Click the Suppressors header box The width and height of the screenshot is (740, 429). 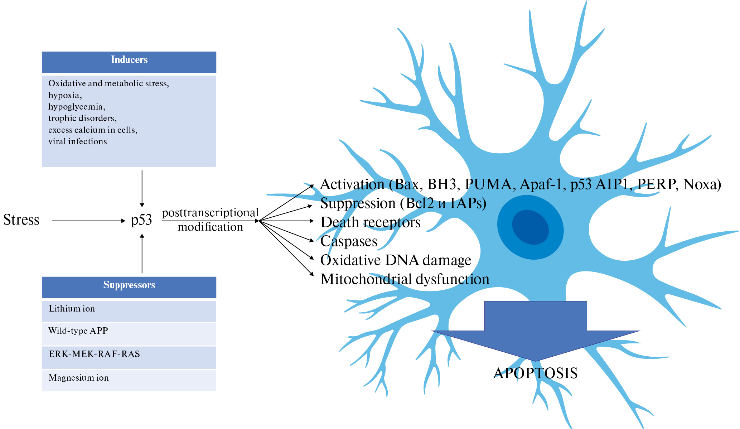pyautogui.click(x=129, y=287)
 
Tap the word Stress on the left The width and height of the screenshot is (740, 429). pyautogui.click(x=21, y=220)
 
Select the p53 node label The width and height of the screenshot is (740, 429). pyautogui.click(x=141, y=220)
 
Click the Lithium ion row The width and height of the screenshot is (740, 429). pyautogui.click(x=129, y=310)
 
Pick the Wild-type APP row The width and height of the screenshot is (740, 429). pyautogui.click(x=129, y=333)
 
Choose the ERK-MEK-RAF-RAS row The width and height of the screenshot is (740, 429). pyautogui.click(x=129, y=356)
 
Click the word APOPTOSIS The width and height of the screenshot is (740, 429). pyautogui.click(x=535, y=373)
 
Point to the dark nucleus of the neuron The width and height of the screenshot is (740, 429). pyautogui.click(x=530, y=227)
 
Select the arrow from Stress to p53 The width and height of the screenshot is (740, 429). pyautogui.click(x=88, y=221)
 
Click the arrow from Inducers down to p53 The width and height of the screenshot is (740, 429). pyautogui.click(x=142, y=188)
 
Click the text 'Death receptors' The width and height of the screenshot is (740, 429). pyautogui.click(x=371, y=222)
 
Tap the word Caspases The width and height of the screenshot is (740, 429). pyautogui.click(x=349, y=241)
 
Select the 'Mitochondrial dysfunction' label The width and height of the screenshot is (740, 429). pyautogui.click(x=405, y=279)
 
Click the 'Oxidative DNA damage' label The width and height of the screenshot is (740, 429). pyautogui.click(x=396, y=260)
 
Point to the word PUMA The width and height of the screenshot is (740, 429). pyautogui.click(x=488, y=184)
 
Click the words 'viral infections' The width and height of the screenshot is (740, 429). pyautogui.click(x=78, y=141)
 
